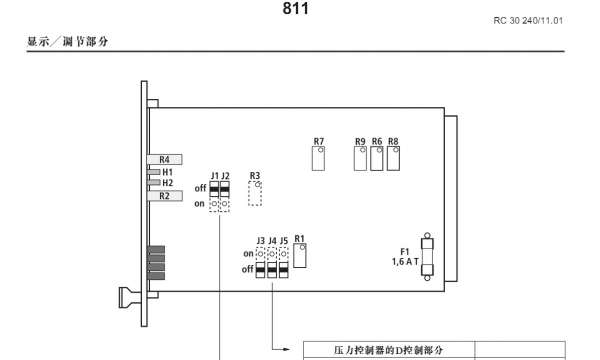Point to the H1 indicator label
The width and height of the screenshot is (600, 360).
(168, 172)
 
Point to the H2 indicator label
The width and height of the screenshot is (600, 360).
(168, 183)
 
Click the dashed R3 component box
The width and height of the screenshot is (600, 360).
(255, 192)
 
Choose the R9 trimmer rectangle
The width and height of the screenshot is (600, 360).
(360, 158)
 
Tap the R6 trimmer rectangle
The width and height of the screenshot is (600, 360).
(377, 158)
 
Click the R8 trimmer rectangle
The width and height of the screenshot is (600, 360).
(393, 158)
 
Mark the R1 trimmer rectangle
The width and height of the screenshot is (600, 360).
(299, 256)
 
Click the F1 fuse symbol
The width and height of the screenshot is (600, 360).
(429, 258)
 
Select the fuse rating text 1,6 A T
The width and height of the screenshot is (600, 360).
(405, 262)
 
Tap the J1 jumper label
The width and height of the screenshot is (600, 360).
(215, 176)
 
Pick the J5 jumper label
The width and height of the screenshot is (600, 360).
(285, 241)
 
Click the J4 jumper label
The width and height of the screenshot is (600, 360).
(272, 241)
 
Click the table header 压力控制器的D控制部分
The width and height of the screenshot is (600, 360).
(388, 351)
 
